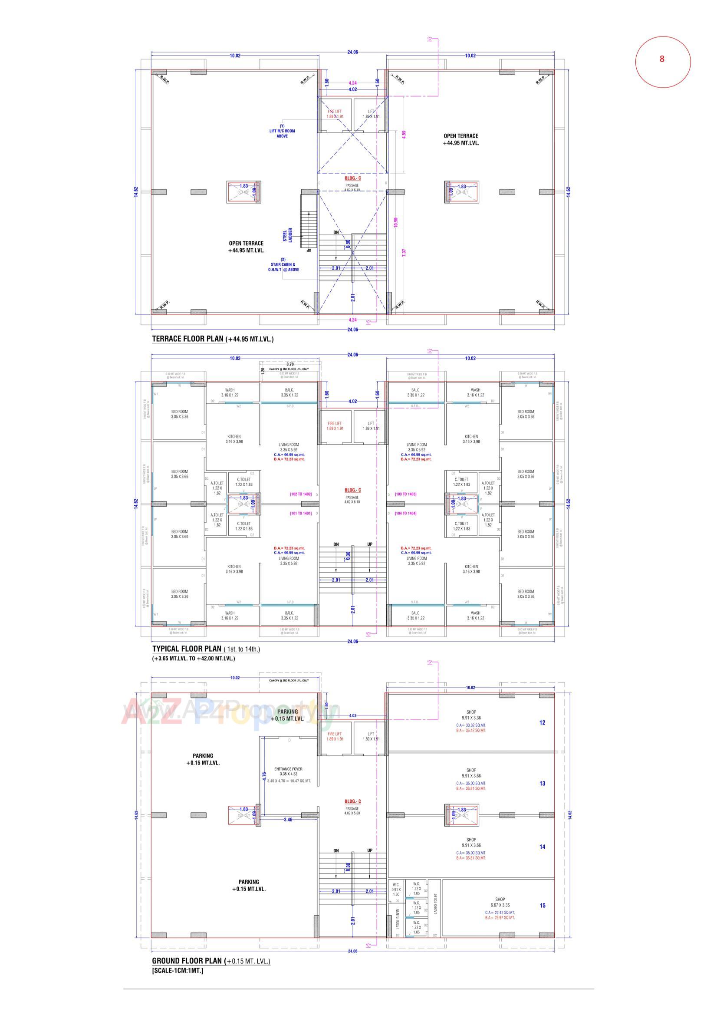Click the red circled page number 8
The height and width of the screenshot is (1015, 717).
pyautogui.click(x=662, y=59)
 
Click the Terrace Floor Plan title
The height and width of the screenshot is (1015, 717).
pyautogui.click(x=188, y=339)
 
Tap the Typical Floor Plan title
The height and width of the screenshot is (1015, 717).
pyautogui.click(x=187, y=649)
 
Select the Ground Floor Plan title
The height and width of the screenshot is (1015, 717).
pyautogui.click(x=187, y=961)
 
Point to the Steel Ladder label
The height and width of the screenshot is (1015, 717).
pyautogui.click(x=288, y=235)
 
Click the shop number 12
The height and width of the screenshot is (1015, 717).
pyautogui.click(x=542, y=723)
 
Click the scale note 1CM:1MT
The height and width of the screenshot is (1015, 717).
pyautogui.click(x=178, y=971)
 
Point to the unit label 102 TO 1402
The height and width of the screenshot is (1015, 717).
pyautogui.click(x=301, y=494)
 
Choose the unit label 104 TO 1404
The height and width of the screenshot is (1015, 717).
pyautogui.click(x=405, y=513)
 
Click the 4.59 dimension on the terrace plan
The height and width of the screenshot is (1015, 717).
pyautogui.click(x=404, y=134)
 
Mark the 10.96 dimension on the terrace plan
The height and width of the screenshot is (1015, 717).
pyautogui.click(x=396, y=222)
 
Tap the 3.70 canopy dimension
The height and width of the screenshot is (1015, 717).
pyautogui.click(x=290, y=364)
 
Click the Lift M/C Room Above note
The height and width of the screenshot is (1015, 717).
pyautogui.click(x=282, y=131)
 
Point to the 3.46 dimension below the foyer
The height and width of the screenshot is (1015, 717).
pyautogui.click(x=288, y=820)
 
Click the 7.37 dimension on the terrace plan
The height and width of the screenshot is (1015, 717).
pyautogui.click(x=404, y=253)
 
